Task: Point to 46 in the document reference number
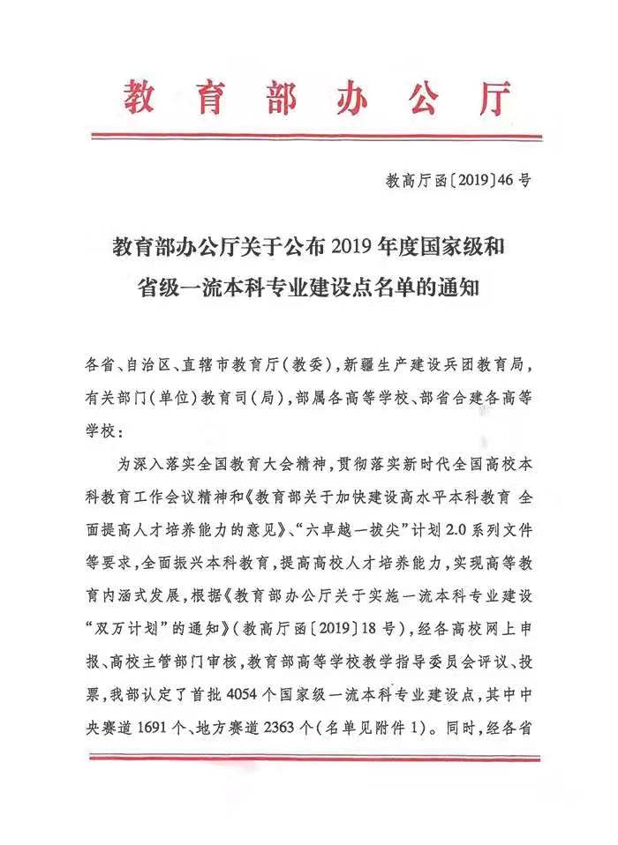[506, 182]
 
